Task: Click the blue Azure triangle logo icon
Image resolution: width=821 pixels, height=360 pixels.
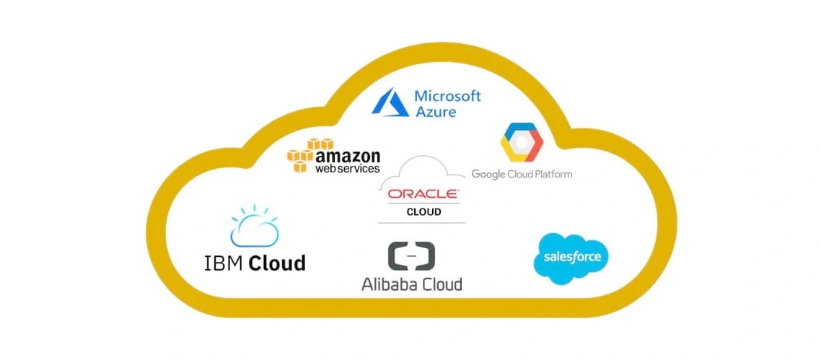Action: tap(391, 102)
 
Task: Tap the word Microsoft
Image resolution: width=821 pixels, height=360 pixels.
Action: tap(447, 96)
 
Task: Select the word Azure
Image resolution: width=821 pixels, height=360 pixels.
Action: tap(435, 112)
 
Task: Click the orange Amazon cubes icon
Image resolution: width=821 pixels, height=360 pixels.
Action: tap(302, 154)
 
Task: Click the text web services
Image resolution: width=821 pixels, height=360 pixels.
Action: tap(347, 169)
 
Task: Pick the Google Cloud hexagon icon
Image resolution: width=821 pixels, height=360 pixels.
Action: tap(521, 144)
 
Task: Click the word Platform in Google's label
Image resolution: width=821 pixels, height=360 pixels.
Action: tap(553, 174)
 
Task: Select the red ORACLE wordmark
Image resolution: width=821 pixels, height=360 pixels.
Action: tap(423, 194)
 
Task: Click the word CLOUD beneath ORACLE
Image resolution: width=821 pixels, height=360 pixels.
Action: tap(423, 212)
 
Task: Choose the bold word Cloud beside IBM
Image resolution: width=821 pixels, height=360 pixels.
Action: tap(277, 262)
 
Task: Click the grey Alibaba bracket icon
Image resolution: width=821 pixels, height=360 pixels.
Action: tap(411, 257)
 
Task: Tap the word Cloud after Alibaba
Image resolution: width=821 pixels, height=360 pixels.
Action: tap(442, 284)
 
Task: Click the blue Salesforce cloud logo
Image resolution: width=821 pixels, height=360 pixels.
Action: tap(571, 258)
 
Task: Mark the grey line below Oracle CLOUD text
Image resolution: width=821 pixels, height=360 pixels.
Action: tap(423, 222)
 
